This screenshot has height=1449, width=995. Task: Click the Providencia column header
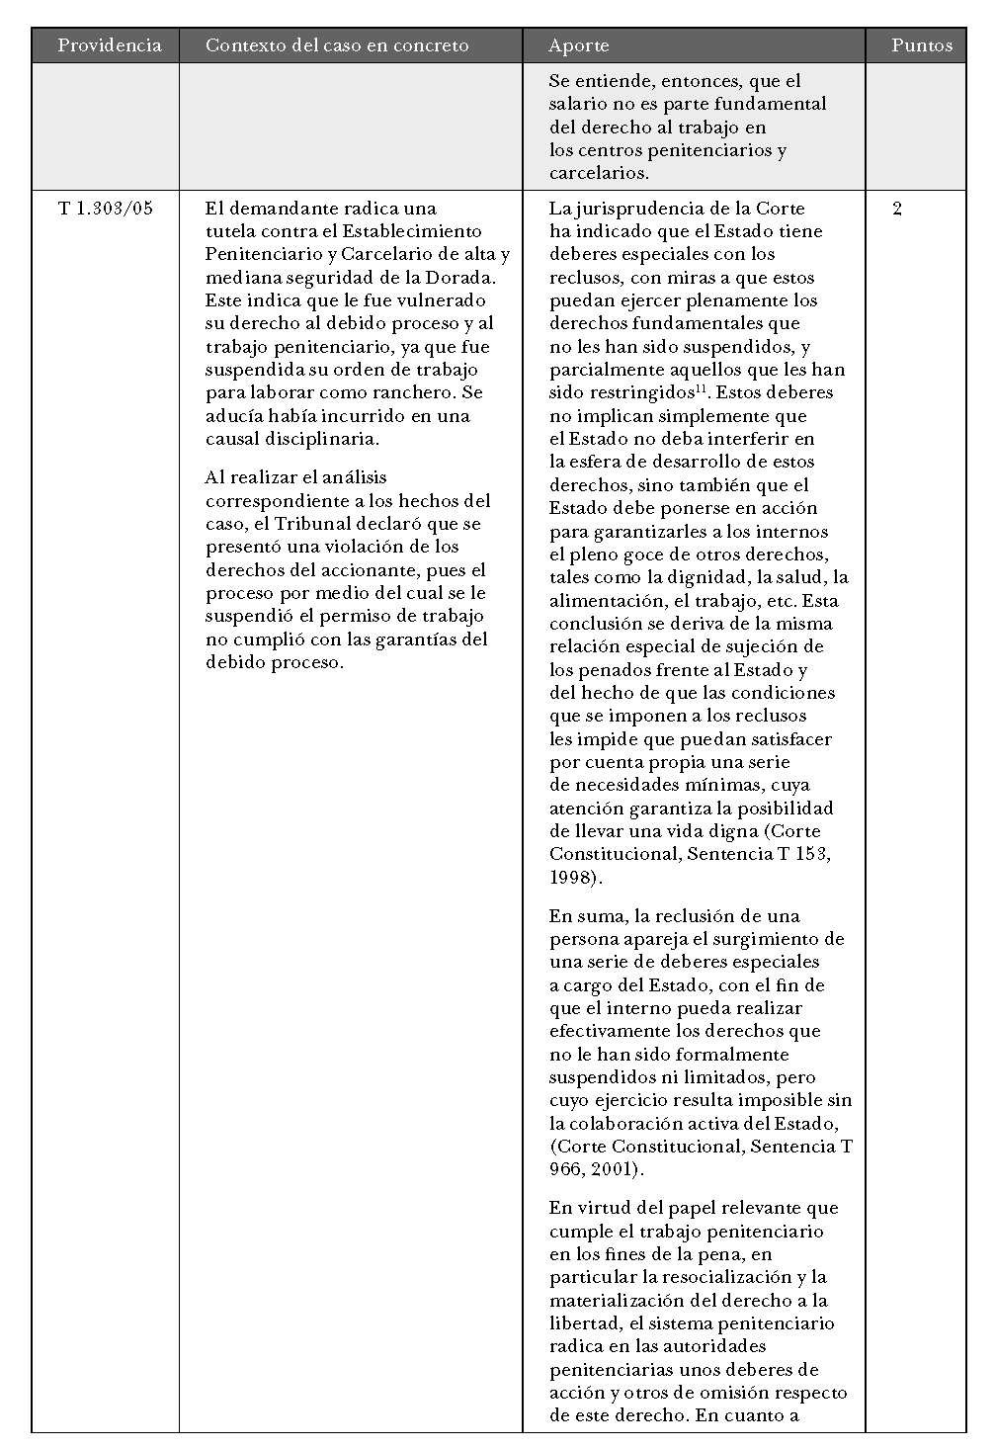[x=109, y=45]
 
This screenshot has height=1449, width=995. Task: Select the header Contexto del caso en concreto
[x=337, y=45]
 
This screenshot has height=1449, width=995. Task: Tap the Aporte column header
[x=579, y=45]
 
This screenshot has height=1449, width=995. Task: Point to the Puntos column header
[x=921, y=45]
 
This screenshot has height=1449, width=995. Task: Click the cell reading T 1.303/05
[x=106, y=209]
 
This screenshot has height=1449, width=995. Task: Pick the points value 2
[x=897, y=209]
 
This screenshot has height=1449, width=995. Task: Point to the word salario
[x=577, y=104]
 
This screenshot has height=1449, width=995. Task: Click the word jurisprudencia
[x=651, y=209]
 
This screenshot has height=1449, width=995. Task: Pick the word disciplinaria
[x=323, y=439]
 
